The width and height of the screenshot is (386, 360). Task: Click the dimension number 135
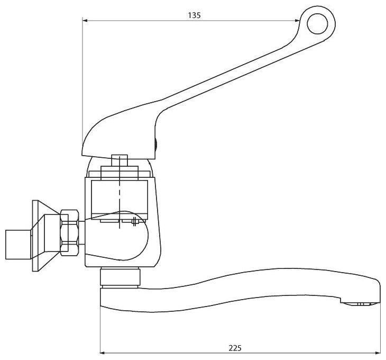coord(194,15)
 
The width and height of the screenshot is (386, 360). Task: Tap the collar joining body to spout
coord(121,278)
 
